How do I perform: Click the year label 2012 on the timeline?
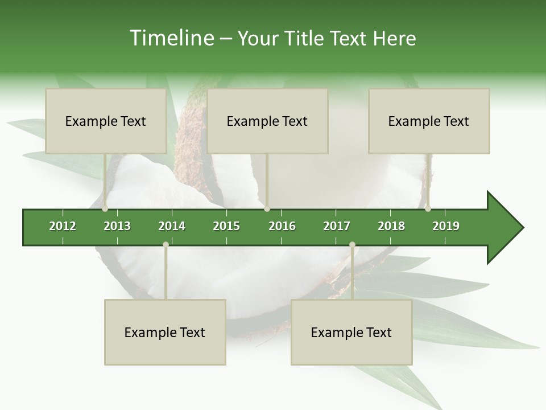coord(63,226)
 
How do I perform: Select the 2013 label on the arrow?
coord(117,226)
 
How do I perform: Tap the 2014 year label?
coord(172,226)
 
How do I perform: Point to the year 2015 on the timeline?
coord(226,226)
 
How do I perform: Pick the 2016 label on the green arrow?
coord(282,226)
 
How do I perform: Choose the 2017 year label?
coord(337,226)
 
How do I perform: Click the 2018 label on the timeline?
coord(391,226)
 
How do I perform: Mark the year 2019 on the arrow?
coord(446,226)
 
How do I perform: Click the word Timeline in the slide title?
coord(171,38)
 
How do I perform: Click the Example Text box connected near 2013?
coord(106,121)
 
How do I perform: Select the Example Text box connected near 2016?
coord(267,121)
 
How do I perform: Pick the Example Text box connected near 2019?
coord(429,121)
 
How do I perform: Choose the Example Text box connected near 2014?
coord(165,332)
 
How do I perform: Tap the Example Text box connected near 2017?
coord(351,332)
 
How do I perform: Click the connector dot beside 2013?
coord(105,208)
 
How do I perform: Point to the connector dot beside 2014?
coord(166,244)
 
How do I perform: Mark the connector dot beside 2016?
coord(267,208)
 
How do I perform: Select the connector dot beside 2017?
coord(352,244)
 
